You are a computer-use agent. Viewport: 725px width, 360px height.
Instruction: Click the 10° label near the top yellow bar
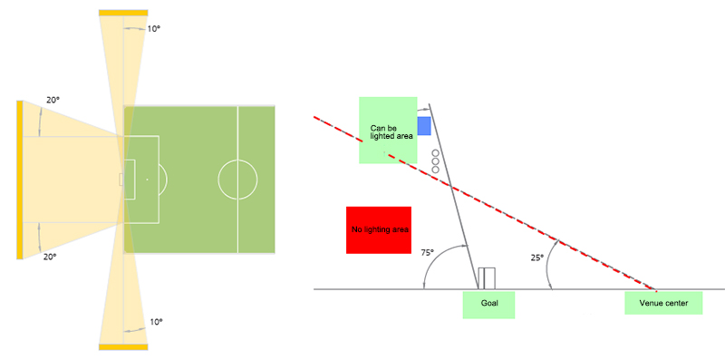click(153, 28)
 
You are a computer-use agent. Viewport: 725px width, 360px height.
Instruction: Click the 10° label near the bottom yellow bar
click(157, 322)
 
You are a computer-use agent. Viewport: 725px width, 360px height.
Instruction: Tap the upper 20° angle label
click(53, 100)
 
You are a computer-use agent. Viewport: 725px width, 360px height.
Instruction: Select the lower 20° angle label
click(50, 257)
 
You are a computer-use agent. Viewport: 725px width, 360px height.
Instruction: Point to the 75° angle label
click(427, 253)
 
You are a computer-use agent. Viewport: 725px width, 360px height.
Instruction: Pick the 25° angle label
click(536, 258)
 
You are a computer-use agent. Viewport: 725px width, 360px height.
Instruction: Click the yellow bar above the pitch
click(123, 13)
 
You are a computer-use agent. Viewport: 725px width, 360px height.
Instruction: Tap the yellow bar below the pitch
click(123, 347)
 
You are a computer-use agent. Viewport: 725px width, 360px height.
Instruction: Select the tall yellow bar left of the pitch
click(19, 180)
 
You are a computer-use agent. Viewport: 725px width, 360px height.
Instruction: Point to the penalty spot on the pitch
click(147, 179)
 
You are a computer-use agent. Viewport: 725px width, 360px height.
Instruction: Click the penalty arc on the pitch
click(167, 179)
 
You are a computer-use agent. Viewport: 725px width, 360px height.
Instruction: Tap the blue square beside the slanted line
click(424, 126)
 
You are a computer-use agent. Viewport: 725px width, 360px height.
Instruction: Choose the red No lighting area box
click(379, 230)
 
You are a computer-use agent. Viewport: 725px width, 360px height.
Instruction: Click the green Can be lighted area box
click(389, 130)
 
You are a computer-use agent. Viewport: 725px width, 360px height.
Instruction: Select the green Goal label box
click(488, 305)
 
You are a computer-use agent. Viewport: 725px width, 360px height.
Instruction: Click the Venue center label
click(663, 303)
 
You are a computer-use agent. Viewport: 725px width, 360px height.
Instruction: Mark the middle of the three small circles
click(435, 161)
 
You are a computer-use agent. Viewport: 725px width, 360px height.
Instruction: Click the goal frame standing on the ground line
click(487, 278)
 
